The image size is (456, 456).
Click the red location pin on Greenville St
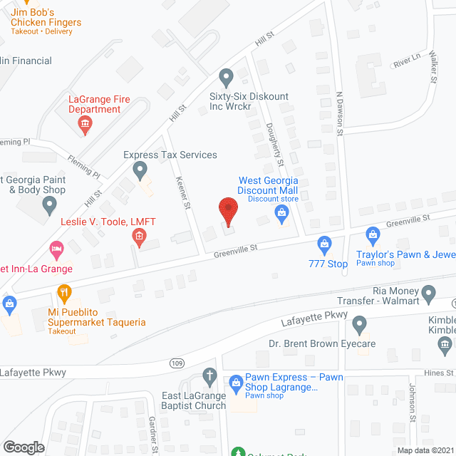click(x=227, y=212)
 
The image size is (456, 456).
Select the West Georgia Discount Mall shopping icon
click(x=282, y=212)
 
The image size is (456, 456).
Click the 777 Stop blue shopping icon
click(x=325, y=246)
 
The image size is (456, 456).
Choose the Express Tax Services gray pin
click(x=140, y=170)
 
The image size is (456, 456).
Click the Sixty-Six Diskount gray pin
click(x=227, y=76)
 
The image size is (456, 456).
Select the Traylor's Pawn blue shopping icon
click(x=372, y=234)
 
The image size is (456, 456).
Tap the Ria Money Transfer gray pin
click(x=428, y=293)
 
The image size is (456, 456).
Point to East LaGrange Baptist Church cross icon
click(x=209, y=375)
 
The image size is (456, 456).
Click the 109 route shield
click(x=177, y=363)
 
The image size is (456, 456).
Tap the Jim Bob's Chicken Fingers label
click(x=46, y=18)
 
